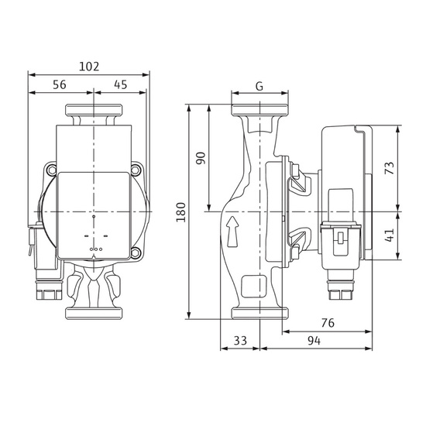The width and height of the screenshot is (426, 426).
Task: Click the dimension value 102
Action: coord(89,67)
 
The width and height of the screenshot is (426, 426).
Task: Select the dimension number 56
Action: coord(60,84)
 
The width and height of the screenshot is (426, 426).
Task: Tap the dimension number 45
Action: coord(121,84)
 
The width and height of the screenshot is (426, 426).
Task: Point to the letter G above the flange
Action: coord(259,87)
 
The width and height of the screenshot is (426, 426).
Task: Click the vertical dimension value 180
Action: coord(181,212)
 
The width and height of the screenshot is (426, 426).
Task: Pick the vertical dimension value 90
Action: coord(201,158)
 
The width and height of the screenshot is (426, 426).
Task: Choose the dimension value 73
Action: coord(390,168)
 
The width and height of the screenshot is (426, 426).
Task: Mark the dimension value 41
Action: coord(390,235)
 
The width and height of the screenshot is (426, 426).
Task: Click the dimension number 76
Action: coord(328,323)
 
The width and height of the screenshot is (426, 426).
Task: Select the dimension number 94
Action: coord(314,341)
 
